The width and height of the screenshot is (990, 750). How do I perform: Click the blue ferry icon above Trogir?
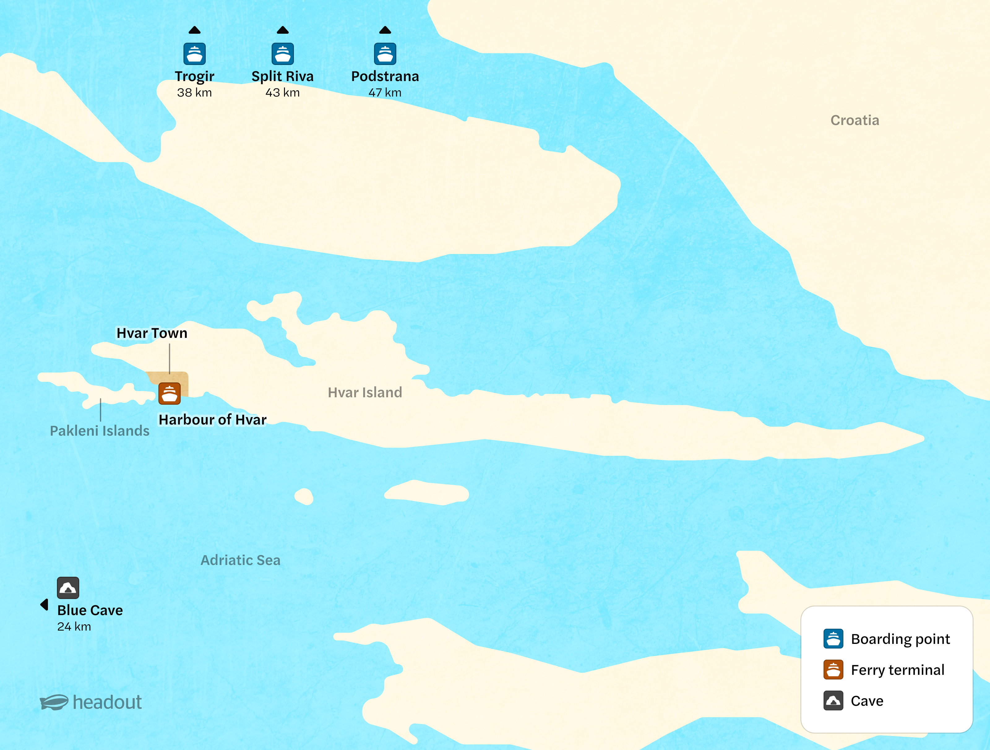pos(194,54)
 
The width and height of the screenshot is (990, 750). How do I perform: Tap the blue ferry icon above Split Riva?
pos(282,54)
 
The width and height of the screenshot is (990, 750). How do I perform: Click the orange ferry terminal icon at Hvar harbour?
pos(169,393)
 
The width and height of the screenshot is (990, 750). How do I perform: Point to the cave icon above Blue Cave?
pos(68,588)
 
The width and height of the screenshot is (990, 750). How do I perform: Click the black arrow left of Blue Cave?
pos(44,605)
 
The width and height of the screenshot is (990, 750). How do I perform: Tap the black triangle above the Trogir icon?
pos(194,30)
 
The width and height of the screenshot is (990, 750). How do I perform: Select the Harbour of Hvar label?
pos(213,420)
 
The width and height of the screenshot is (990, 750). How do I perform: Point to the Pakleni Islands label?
pos(99,430)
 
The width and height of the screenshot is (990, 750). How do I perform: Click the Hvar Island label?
pos(365,392)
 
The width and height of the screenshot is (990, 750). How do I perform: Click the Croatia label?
pos(854,120)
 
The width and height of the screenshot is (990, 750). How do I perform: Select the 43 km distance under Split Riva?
pos(282,93)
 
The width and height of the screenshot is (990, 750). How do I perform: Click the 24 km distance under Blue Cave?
pos(74,627)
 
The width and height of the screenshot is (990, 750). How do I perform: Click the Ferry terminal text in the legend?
pos(897,670)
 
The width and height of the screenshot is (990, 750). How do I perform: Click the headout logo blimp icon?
pos(54,702)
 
